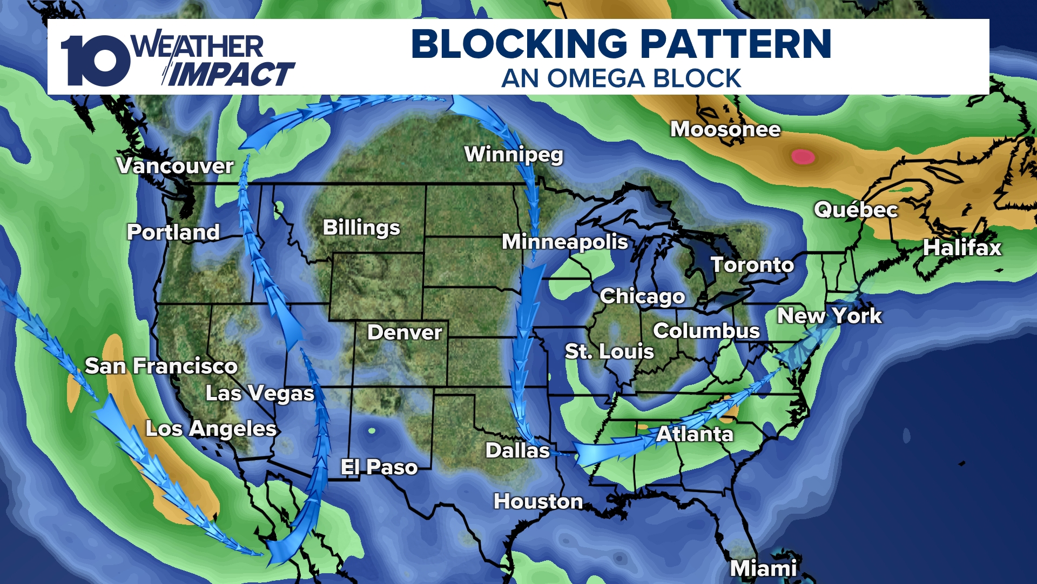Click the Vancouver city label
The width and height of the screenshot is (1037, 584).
coord(175,166)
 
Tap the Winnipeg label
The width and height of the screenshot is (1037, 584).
coord(514,155)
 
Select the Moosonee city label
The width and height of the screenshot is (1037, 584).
coord(725,130)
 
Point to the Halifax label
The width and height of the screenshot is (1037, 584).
coord(962,248)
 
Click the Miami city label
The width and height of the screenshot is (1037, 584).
coord(763,568)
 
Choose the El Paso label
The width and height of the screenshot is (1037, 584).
coord(379,467)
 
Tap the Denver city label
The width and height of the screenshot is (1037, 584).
coord(405,333)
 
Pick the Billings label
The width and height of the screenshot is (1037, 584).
coord(361,228)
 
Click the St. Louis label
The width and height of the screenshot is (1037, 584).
coord(609,352)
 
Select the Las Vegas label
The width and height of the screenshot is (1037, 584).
coord(260,394)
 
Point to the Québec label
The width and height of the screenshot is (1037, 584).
coord(856,210)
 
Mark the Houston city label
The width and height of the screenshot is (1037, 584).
coord(538,502)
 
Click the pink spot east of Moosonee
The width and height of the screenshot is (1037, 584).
coord(803,157)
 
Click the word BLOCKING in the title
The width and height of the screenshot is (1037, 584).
coord(519,44)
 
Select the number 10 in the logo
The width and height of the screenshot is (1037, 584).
coord(95,61)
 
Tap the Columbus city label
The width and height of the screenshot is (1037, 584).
coord(706,331)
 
